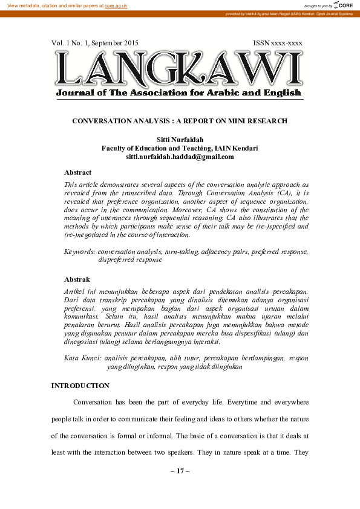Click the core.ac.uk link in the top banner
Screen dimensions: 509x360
tap(116, 5)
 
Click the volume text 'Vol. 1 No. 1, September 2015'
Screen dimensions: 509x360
tap(95, 43)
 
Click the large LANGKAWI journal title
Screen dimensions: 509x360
tap(179, 68)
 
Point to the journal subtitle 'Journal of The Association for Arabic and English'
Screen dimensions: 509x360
tap(178, 92)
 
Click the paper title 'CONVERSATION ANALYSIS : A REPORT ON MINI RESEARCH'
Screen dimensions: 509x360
tap(180, 121)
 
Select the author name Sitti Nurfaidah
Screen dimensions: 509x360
tap(180, 140)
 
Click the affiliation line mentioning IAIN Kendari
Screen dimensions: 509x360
tap(180, 148)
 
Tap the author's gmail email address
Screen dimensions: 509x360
tap(180, 157)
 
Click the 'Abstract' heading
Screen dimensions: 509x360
tap(77, 172)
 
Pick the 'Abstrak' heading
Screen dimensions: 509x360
tap(77, 279)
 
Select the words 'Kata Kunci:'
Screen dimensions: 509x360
tap(83, 358)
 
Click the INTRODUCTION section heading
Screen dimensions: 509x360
tap(80, 386)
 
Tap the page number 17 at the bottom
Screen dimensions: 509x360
tap(180, 470)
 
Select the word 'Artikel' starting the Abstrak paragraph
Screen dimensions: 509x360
tap(74, 291)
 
